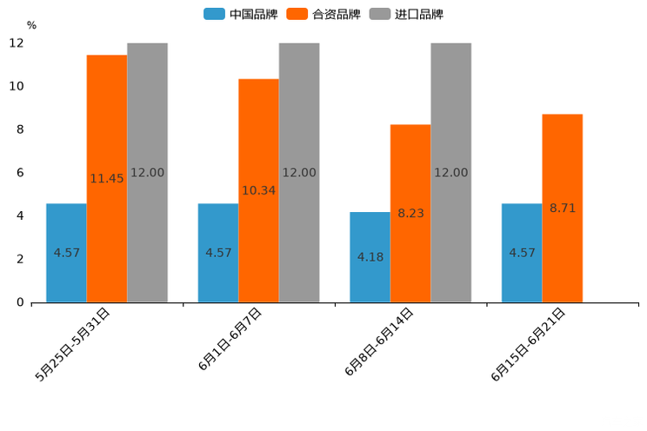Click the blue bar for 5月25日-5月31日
[66, 253]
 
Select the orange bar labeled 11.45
[107, 178]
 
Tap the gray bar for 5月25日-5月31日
[147, 173]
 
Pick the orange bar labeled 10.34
[258, 190]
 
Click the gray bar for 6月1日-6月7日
[299, 173]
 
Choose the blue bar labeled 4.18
[370, 257]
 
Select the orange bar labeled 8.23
[410, 213]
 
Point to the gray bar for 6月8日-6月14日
[450, 173]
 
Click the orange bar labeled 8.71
[563, 208]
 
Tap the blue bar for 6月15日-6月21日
[522, 253]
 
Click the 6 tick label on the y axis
[20, 173]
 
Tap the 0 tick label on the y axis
[20, 302]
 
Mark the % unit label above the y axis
[31, 25]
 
